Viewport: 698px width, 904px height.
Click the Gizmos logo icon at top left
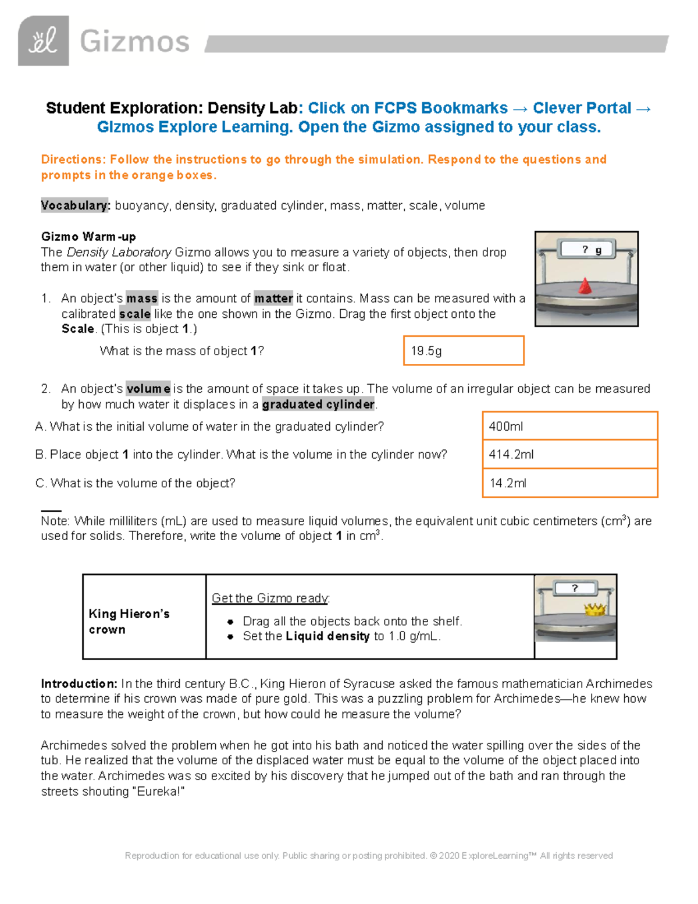(x=43, y=41)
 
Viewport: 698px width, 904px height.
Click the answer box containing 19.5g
(x=464, y=350)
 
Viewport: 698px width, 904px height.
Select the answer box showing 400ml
(x=569, y=426)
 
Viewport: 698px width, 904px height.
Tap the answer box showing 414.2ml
(x=569, y=455)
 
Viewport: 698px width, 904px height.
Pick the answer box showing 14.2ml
(x=569, y=483)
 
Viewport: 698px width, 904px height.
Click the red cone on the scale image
(x=585, y=286)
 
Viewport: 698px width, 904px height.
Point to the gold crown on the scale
(x=595, y=609)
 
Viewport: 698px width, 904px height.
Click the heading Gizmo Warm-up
(x=88, y=236)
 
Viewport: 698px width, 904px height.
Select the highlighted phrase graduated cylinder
(x=318, y=404)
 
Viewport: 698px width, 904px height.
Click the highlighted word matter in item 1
(x=273, y=299)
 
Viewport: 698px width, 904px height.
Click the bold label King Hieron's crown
(x=129, y=621)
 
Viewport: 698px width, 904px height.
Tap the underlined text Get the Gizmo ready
(x=270, y=598)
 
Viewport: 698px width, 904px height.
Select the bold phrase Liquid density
(x=327, y=636)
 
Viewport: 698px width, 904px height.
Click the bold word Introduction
(x=79, y=683)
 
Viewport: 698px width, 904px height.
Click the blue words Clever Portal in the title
(x=582, y=108)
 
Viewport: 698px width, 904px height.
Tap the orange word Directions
(x=73, y=159)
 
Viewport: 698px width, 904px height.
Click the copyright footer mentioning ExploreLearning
(x=369, y=856)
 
